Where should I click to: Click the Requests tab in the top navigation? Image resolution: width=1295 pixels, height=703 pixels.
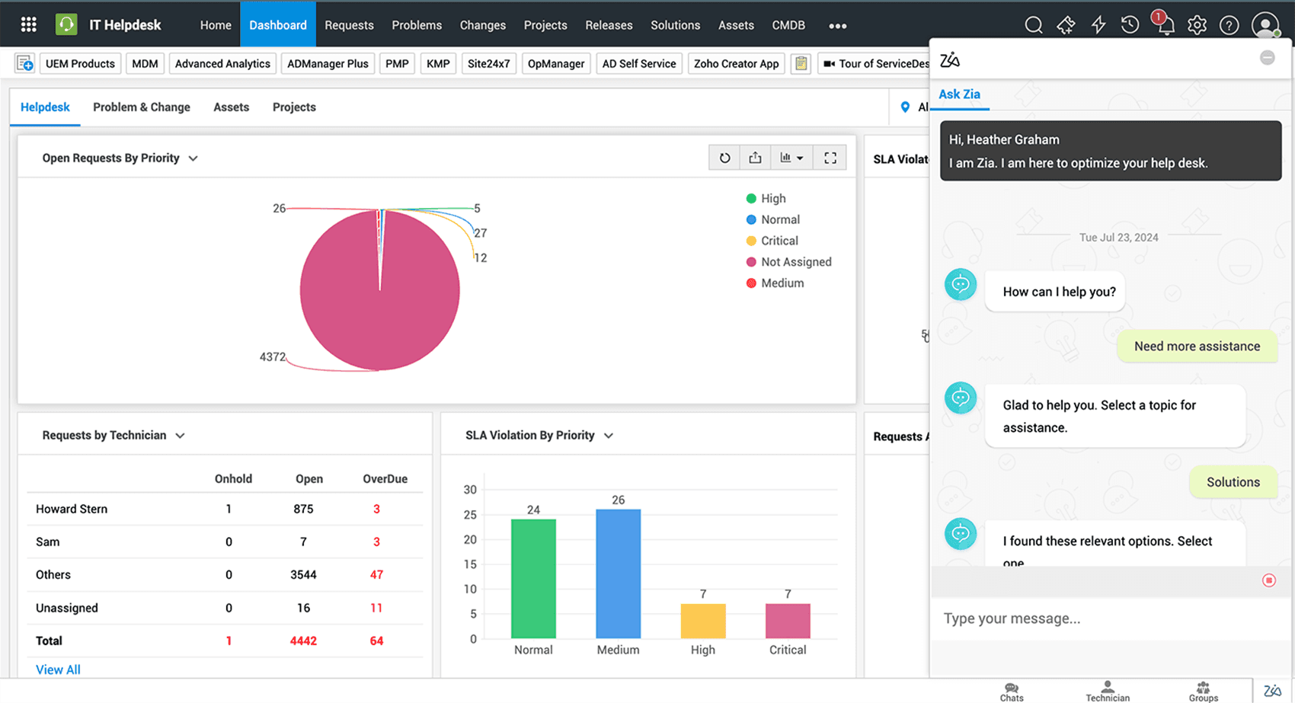click(x=349, y=25)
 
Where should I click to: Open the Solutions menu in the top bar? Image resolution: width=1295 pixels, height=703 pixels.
click(x=675, y=25)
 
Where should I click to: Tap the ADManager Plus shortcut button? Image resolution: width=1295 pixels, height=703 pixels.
click(x=328, y=64)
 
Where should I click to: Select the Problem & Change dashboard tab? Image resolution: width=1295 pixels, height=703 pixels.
click(x=142, y=107)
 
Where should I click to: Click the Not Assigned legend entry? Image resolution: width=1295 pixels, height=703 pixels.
click(x=796, y=262)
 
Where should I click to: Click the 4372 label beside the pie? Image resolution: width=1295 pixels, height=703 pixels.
click(x=272, y=356)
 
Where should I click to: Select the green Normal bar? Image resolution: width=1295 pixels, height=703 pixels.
click(x=533, y=579)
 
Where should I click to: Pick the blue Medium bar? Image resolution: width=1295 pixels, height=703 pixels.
click(x=618, y=573)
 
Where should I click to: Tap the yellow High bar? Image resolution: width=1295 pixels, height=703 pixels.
click(x=702, y=621)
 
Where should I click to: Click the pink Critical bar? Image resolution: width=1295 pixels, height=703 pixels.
click(x=788, y=621)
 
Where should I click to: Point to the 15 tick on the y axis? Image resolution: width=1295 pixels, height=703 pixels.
click(x=470, y=564)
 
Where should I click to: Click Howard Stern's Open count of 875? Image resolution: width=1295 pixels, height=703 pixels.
click(x=303, y=509)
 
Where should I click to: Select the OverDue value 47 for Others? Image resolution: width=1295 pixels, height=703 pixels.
click(x=376, y=575)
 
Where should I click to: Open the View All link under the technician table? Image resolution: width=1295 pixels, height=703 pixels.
click(x=58, y=669)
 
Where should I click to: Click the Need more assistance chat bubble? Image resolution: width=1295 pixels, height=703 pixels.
click(x=1197, y=347)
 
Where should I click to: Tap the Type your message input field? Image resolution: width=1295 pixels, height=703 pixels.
click(x=1097, y=618)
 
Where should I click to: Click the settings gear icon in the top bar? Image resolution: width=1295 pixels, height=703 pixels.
click(x=1197, y=25)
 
